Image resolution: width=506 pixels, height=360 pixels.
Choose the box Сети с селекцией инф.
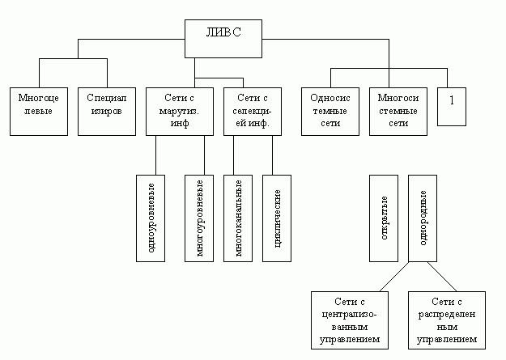[x=252, y=109]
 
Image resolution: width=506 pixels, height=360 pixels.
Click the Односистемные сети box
[x=329, y=109]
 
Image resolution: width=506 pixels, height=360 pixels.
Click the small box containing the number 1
[x=452, y=104]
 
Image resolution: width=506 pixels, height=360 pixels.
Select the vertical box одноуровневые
[x=151, y=218]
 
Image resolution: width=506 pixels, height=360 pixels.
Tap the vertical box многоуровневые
[x=199, y=218]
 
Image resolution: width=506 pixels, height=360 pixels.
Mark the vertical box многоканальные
[x=240, y=218]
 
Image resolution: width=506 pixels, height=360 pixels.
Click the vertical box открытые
[x=383, y=218]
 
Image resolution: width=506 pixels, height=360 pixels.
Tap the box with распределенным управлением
[x=447, y=320]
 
